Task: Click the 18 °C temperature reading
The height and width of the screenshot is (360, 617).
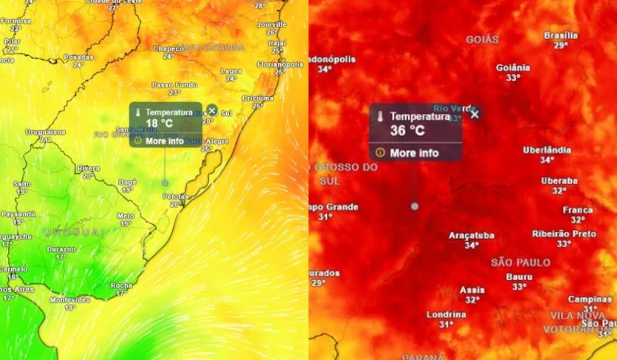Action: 159,123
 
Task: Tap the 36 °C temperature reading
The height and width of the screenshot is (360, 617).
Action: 407,131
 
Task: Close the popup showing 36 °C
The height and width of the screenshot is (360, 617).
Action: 475,114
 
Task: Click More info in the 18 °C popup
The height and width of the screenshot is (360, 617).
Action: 164,140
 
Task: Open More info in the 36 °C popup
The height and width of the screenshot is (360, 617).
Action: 414,153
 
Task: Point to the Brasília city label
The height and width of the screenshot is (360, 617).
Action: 560,36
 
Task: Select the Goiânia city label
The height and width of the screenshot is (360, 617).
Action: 513,68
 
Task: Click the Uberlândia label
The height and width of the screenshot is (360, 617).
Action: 547,150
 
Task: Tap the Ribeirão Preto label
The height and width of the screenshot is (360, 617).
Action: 564,234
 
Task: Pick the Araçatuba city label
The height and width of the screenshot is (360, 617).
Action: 471,236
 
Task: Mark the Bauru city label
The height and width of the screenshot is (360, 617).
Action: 519,277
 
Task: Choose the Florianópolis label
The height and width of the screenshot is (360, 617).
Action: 280,65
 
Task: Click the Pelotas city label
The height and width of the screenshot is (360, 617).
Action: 175,197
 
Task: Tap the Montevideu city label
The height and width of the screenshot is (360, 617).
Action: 70,300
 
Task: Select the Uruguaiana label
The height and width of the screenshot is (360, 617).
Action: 45,132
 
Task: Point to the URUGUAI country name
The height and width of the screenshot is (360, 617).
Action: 74,232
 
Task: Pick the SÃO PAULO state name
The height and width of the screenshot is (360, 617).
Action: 520,262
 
